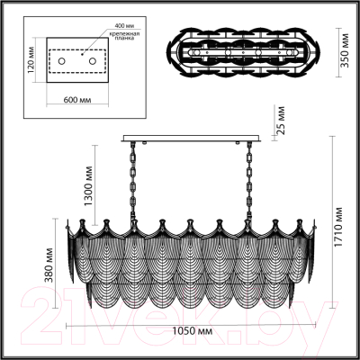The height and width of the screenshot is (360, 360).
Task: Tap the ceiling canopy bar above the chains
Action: coord(193,138)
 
